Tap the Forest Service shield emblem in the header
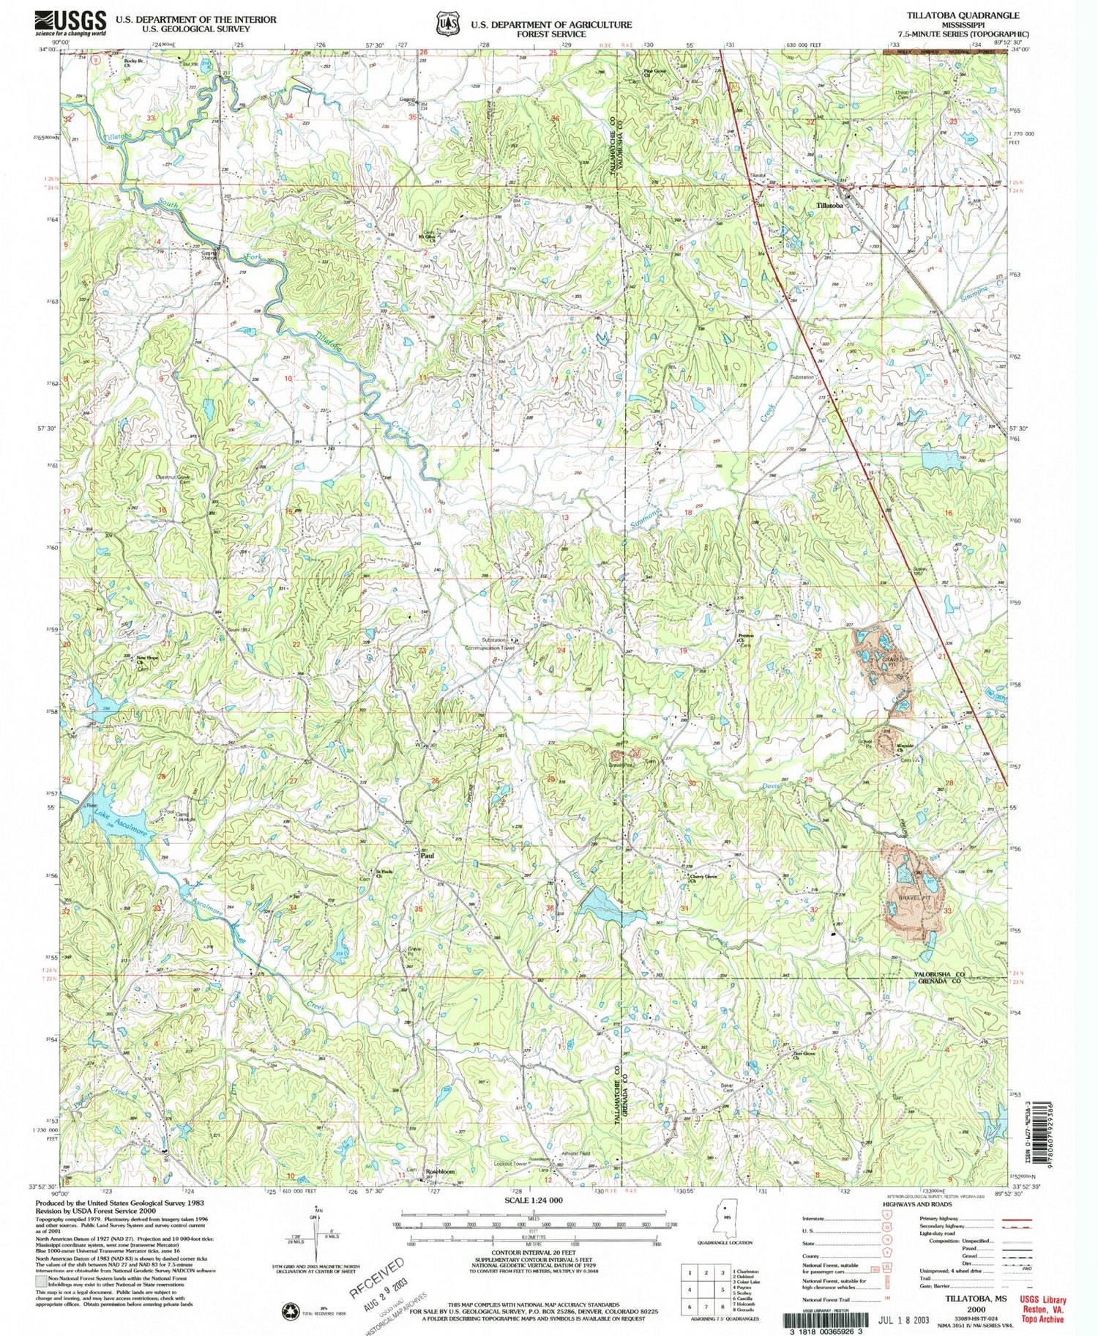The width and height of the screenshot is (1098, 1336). pyautogui.click(x=445, y=23)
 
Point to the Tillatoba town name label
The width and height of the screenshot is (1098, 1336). pyautogui.click(x=829, y=206)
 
